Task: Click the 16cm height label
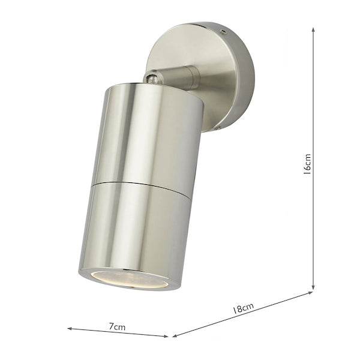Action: [x=307, y=163]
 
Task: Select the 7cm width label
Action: [x=118, y=326]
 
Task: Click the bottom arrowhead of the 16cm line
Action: [x=313, y=289]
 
